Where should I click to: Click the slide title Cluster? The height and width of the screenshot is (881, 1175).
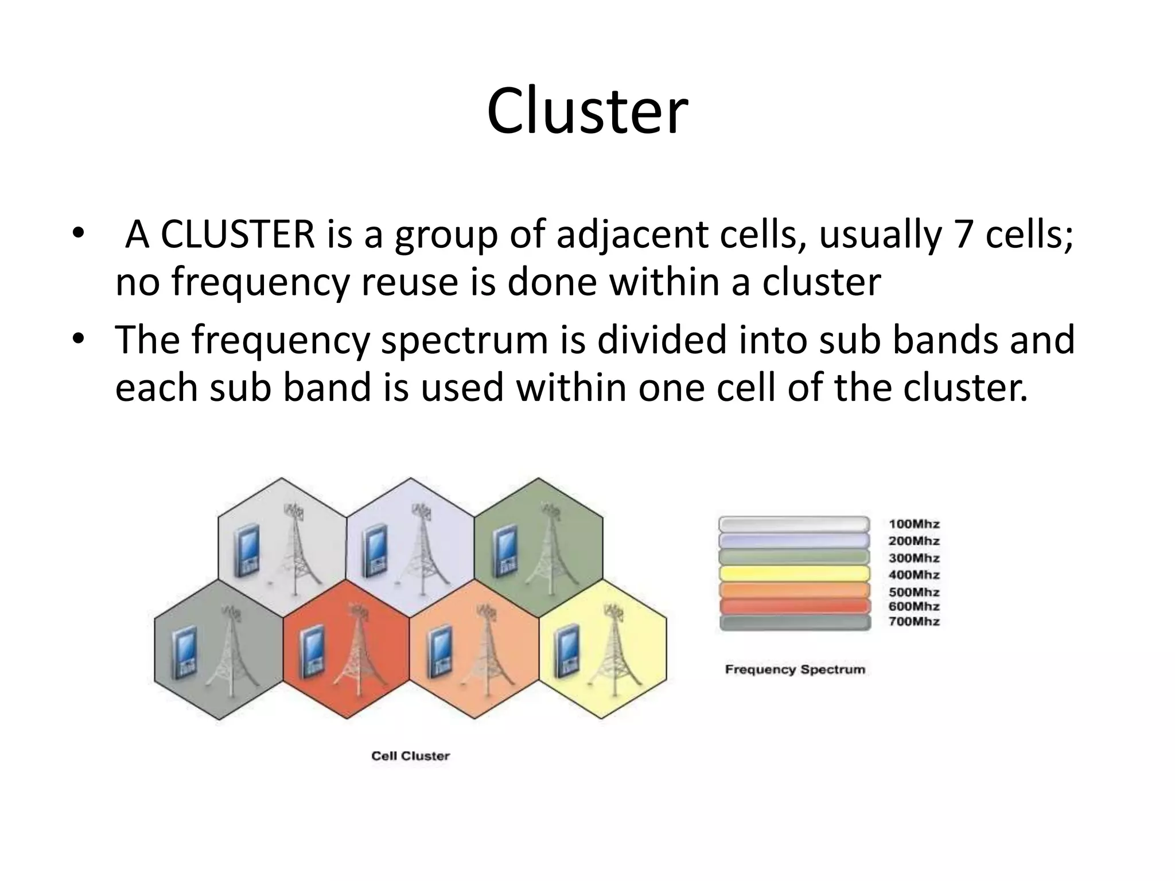[587, 111]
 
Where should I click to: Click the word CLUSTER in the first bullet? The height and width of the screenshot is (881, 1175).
[237, 235]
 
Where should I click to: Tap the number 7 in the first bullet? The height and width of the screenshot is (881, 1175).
[963, 235]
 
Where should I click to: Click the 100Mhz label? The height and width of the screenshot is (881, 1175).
[914, 524]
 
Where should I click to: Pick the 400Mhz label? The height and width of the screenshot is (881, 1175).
[914, 575]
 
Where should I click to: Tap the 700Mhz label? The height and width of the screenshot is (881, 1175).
[914, 621]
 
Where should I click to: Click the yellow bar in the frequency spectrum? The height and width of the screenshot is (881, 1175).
[795, 574]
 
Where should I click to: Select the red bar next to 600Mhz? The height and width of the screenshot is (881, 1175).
[795, 607]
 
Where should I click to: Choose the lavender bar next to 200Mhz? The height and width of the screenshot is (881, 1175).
[795, 541]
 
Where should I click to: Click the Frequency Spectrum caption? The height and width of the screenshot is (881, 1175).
[795, 669]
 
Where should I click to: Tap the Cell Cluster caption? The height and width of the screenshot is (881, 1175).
[410, 756]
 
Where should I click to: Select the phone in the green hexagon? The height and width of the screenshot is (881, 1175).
[504, 552]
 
